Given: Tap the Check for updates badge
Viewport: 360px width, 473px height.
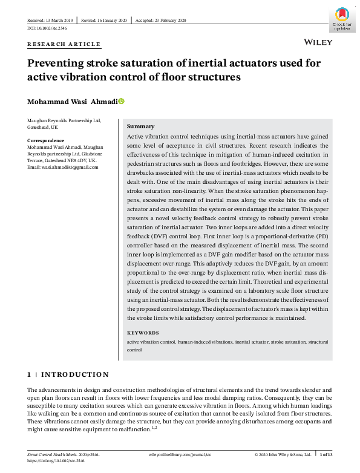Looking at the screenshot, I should (x=342, y=18).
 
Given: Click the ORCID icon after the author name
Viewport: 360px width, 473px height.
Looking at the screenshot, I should (x=121, y=101).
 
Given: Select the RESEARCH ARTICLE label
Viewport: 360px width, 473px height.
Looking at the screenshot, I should (x=64, y=45).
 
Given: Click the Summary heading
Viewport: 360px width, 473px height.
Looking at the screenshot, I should (x=141, y=126).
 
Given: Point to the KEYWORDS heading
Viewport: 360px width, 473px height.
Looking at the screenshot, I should (x=143, y=333).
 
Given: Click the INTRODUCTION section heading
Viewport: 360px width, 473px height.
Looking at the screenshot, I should (x=74, y=374).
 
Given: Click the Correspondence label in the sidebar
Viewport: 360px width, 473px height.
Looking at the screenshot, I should (x=47, y=140).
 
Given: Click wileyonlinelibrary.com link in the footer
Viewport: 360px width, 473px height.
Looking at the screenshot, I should (x=180, y=454).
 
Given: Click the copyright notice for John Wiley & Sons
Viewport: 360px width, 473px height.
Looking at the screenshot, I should (x=283, y=454).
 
